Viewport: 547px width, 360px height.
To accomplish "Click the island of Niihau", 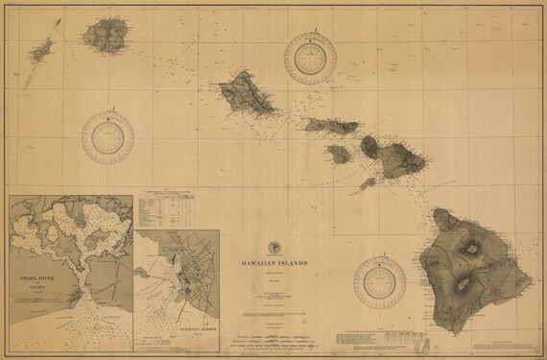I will pos(41,51).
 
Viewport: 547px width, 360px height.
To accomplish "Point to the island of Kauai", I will pos(103,35).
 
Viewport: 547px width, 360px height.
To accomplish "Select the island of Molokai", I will pos(332,126).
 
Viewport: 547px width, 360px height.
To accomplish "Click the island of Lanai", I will pos(338,154).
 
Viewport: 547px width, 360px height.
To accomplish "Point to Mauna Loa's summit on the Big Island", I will pos(464,282).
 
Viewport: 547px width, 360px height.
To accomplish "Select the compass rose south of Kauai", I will pos(107,138).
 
